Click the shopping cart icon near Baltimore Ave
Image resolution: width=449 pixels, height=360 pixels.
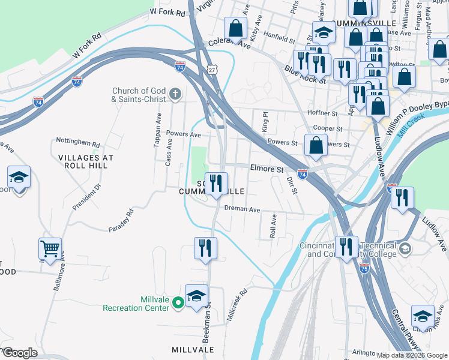(50, 248)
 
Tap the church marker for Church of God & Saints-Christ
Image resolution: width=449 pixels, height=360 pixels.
(175, 94)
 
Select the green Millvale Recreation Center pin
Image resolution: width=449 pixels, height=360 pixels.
(178, 304)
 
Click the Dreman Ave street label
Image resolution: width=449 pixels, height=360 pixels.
(242, 209)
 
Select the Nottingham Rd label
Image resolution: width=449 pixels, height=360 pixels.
(77, 142)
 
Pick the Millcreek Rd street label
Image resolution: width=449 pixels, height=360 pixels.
(238, 306)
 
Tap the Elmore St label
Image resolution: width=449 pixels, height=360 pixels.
(267, 169)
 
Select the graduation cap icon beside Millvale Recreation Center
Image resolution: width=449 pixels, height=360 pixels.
(196, 296)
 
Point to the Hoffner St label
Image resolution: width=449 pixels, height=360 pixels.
(322, 113)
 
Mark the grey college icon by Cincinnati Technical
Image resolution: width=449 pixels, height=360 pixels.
(405, 248)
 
